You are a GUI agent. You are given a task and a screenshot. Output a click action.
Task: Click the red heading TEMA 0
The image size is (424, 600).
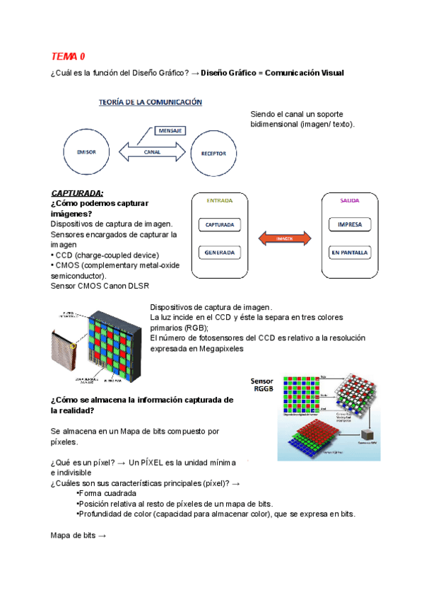click(x=68, y=56)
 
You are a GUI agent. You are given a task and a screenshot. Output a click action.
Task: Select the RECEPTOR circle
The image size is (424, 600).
click(x=213, y=152)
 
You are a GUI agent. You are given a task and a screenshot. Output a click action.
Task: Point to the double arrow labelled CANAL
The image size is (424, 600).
click(x=152, y=151)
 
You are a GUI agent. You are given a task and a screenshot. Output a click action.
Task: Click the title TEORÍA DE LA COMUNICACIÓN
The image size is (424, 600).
click(x=149, y=102)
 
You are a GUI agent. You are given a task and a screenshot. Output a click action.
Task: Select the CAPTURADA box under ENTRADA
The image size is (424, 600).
click(x=219, y=225)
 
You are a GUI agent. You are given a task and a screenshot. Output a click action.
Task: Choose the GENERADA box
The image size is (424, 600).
click(x=219, y=253)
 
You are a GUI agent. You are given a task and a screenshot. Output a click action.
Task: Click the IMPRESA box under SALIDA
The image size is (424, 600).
click(x=350, y=225)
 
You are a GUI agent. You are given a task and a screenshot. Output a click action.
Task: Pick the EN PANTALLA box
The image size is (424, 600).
click(x=350, y=253)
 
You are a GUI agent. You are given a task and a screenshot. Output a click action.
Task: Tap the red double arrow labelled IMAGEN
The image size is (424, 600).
click(x=285, y=238)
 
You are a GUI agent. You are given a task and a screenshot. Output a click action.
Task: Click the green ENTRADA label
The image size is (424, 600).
click(x=219, y=200)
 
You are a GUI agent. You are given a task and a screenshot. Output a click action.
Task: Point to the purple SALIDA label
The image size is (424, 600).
click(x=350, y=200)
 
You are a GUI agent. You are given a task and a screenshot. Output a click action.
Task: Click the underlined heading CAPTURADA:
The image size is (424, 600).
click(x=77, y=193)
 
